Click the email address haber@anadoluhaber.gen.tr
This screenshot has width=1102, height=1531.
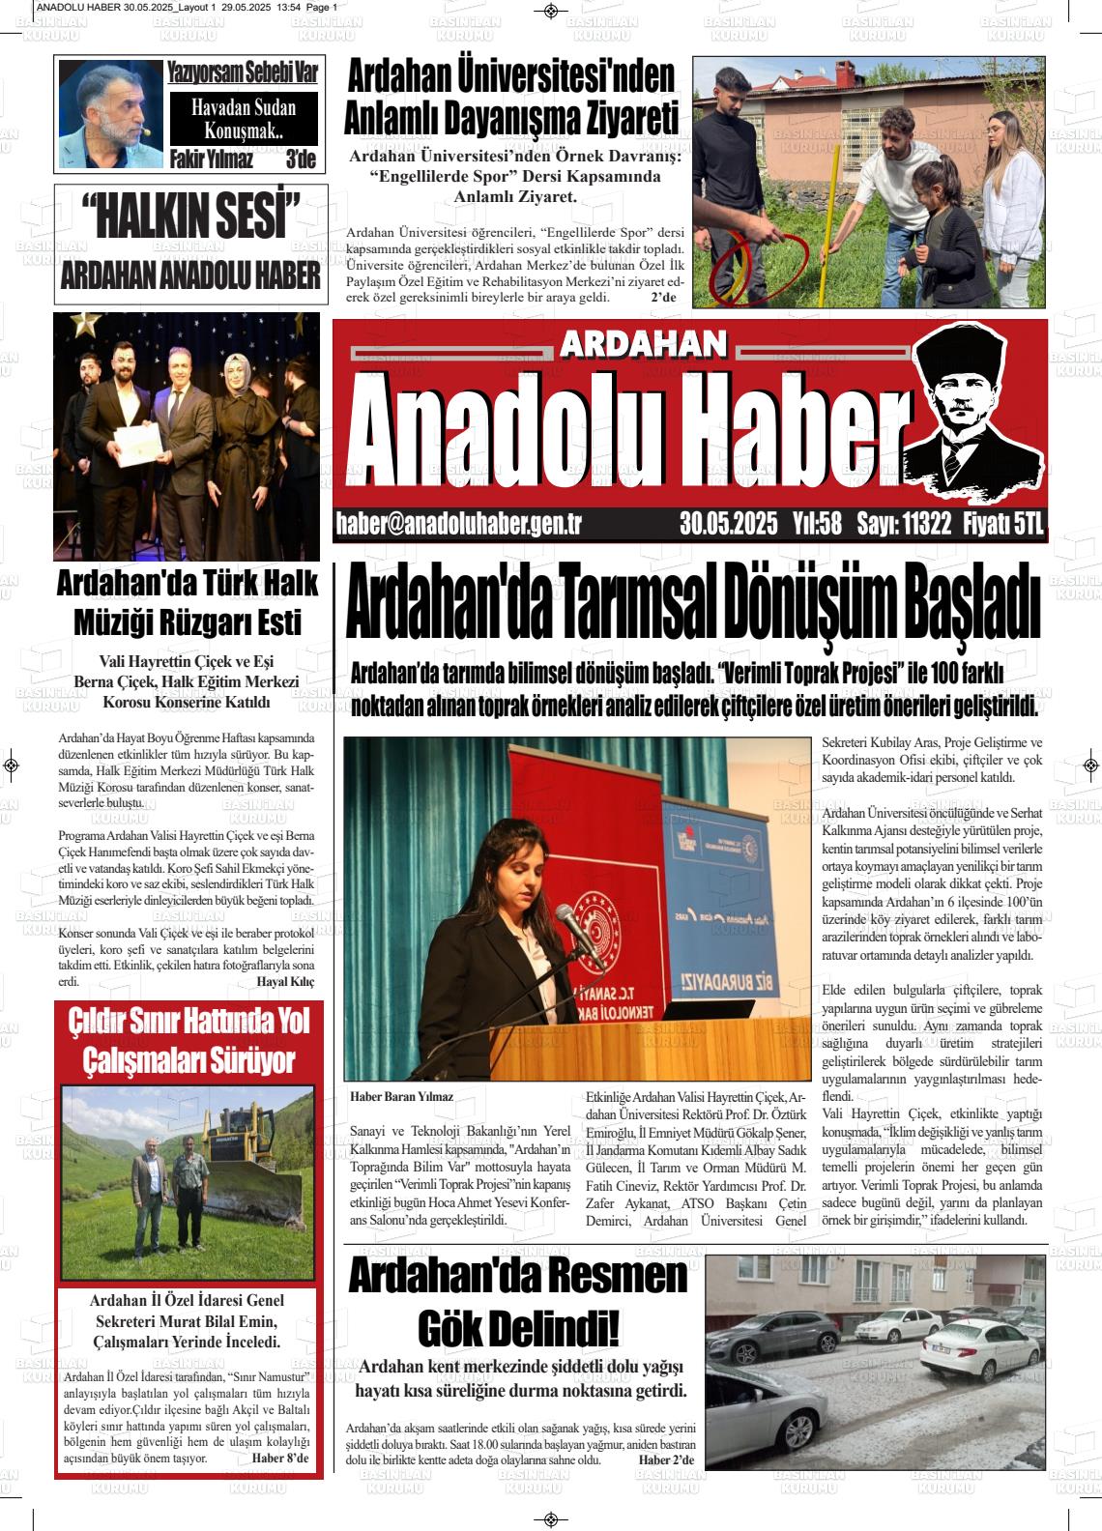[x=458, y=524]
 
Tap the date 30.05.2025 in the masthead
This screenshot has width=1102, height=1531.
[x=728, y=524]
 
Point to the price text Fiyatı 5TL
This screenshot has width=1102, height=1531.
[x=1003, y=524]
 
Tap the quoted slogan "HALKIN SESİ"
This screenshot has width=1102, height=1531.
[x=190, y=217]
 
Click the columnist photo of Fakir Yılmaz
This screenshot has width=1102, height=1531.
[x=109, y=114]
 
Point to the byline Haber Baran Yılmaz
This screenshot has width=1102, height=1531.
[x=401, y=1097]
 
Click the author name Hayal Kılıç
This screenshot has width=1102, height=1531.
[x=285, y=981]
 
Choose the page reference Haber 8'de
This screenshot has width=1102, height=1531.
[x=279, y=1458]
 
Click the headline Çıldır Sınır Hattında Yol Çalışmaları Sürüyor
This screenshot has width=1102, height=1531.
[x=188, y=1040]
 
